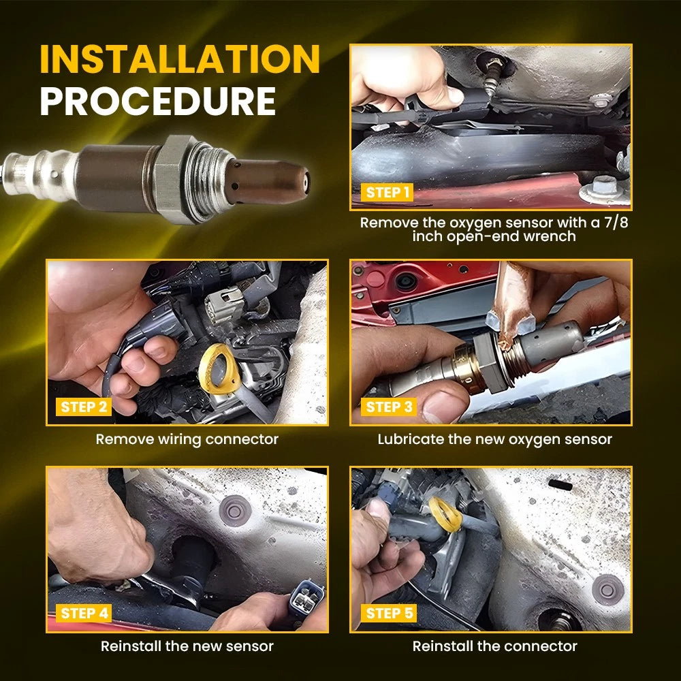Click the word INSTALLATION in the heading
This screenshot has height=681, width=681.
(x=180, y=59)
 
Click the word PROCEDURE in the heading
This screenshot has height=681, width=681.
(x=158, y=101)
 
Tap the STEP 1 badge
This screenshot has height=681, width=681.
(x=387, y=193)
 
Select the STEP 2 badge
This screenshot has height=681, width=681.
(x=83, y=407)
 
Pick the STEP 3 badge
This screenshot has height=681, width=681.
(x=389, y=407)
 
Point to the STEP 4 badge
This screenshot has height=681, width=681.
(x=84, y=613)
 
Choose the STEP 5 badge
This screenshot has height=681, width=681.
(x=389, y=613)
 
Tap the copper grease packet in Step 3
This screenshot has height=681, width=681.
(x=513, y=304)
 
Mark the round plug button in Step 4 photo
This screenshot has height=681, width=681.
(x=235, y=510)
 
